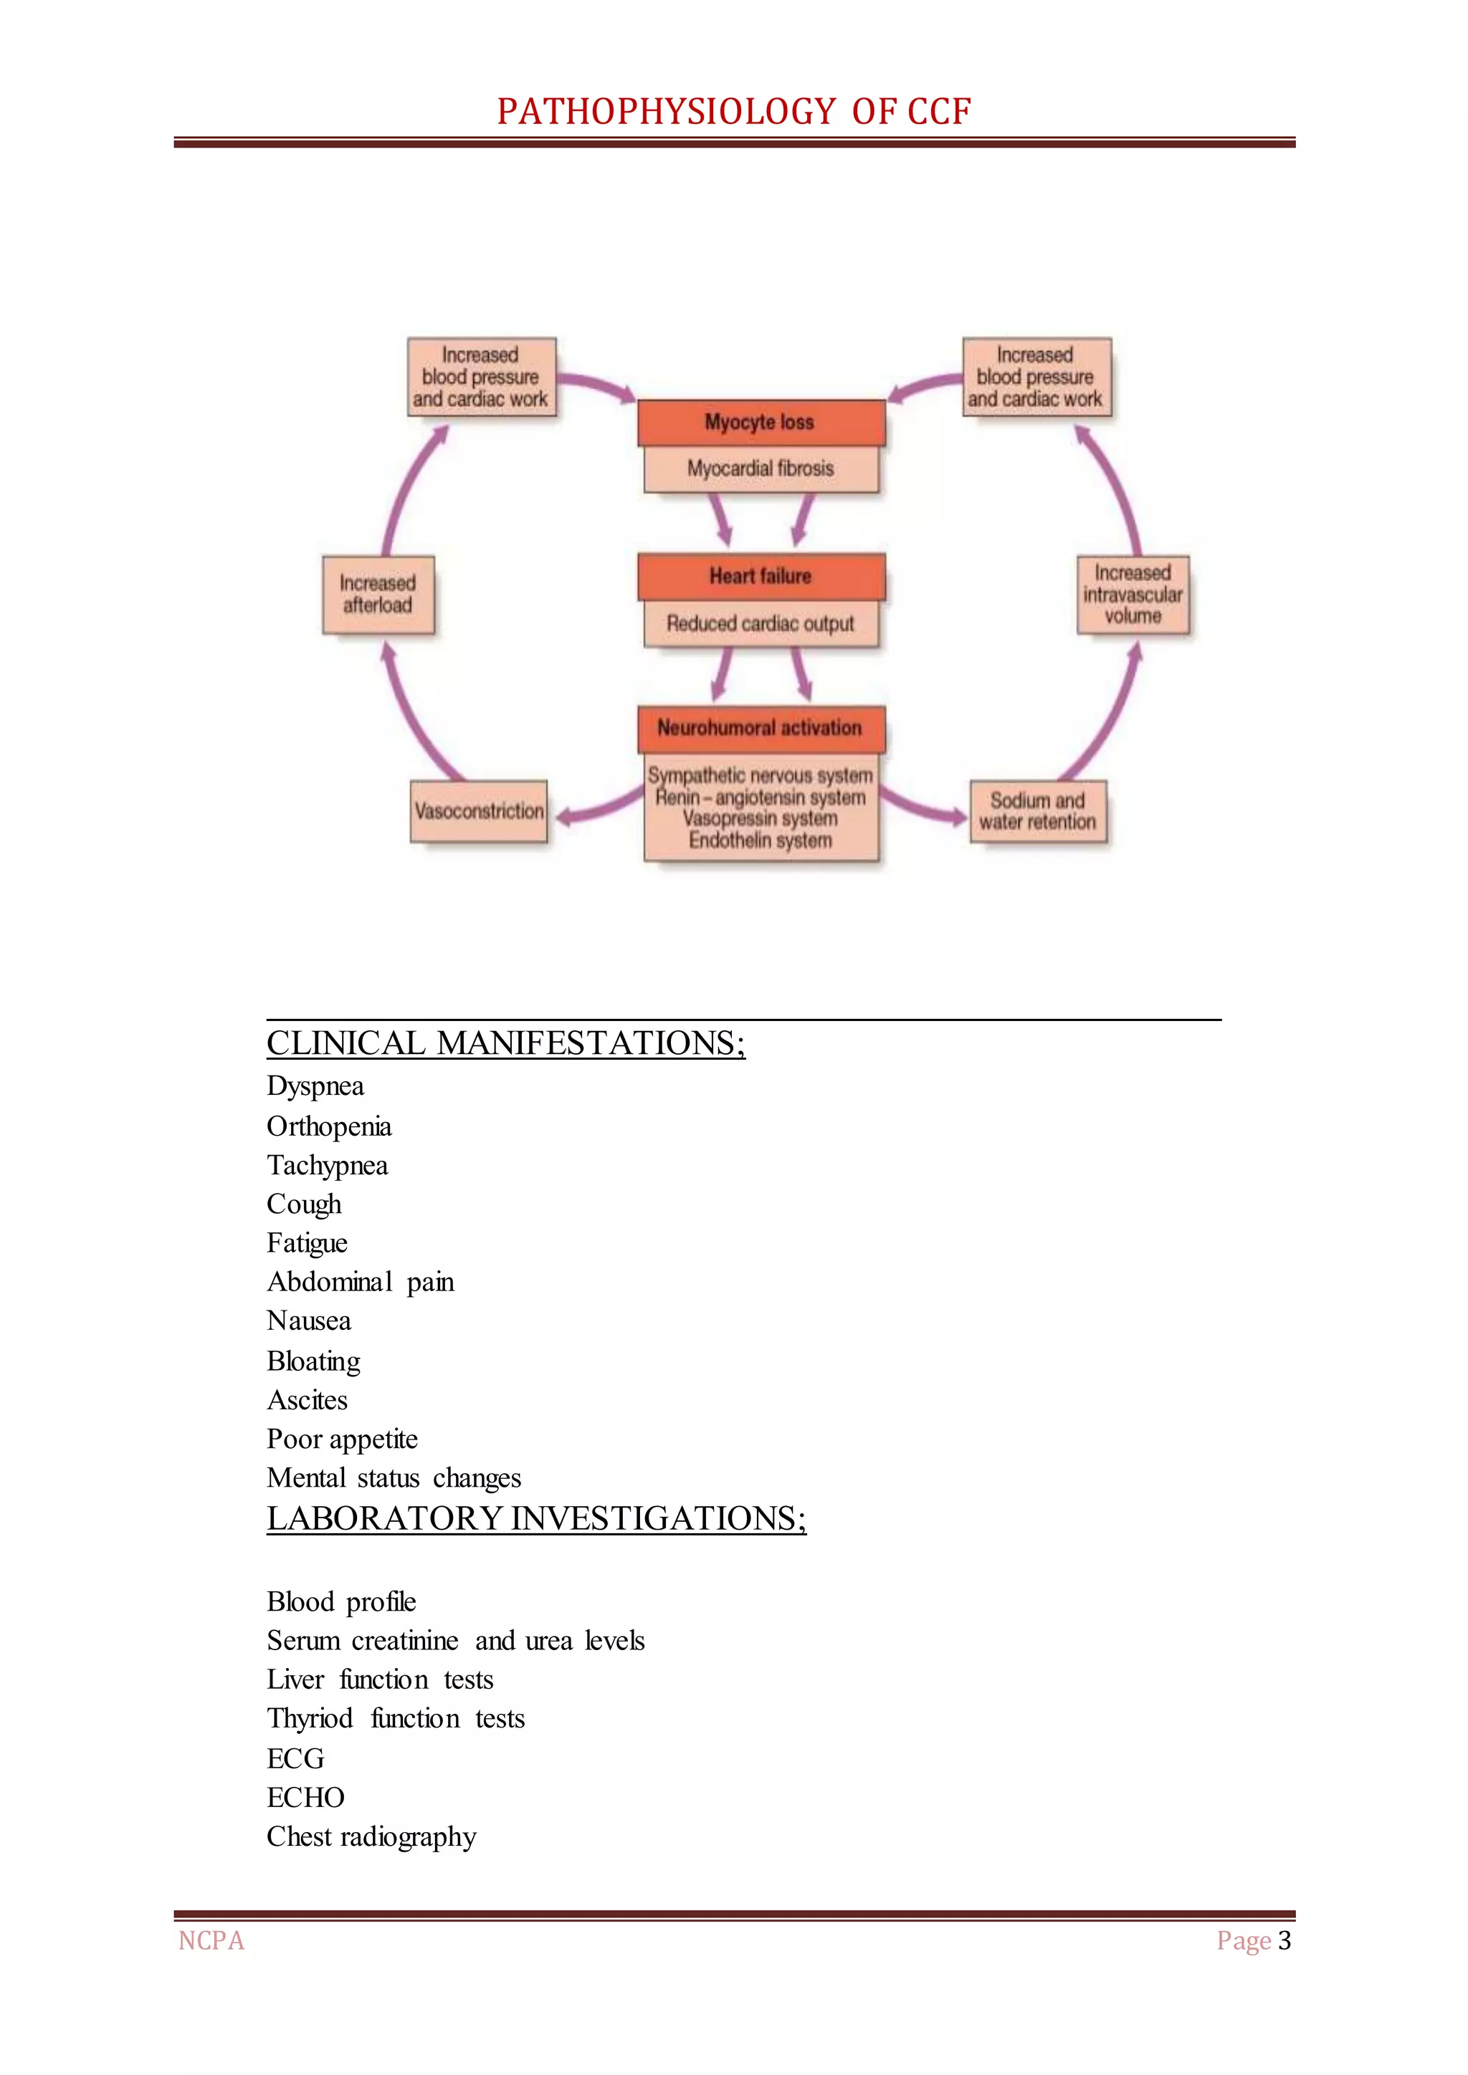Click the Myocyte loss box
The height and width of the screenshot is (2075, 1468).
tap(761, 422)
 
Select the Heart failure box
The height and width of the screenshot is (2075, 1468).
tap(761, 575)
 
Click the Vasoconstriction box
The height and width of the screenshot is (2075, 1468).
tap(479, 810)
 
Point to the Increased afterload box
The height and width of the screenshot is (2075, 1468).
tap(378, 594)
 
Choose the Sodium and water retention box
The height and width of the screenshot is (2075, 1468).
tap(1038, 810)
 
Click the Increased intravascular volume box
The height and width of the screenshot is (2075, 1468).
tap(1133, 594)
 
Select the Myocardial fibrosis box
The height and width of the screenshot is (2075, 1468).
tap(761, 468)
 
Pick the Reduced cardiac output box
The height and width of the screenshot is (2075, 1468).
tap(761, 623)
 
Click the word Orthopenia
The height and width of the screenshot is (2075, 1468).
tap(329, 1126)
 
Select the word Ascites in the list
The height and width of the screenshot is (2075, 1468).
tap(308, 1400)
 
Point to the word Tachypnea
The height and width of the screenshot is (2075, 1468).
tap(328, 1166)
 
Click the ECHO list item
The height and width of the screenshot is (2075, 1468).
tap(305, 1797)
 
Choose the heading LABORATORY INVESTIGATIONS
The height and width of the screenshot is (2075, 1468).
tap(536, 1518)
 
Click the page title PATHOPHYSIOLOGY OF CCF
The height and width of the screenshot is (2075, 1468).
tap(734, 111)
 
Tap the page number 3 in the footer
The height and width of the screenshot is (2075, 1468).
tap(1284, 1940)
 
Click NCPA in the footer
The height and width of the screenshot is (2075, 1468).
tap(211, 1940)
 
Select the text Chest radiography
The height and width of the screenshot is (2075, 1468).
tap(371, 1836)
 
